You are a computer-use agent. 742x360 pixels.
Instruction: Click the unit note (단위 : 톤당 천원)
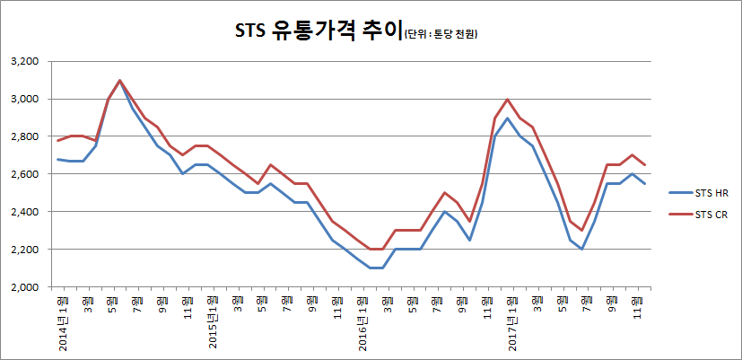[441, 35]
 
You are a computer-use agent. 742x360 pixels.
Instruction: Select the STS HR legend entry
[703, 191]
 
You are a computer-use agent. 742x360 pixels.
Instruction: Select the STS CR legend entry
[703, 214]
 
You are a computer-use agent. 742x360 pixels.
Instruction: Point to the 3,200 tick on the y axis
[27, 61]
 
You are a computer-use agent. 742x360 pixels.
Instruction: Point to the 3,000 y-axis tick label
[27, 99]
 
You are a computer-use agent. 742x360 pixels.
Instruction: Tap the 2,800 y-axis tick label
[27, 136]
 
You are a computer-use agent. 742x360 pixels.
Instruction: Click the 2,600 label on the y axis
[27, 174]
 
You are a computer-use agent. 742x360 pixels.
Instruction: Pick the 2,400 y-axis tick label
[27, 212]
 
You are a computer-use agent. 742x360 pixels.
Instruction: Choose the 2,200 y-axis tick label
[27, 250]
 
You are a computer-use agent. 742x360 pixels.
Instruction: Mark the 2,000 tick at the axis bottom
[27, 287]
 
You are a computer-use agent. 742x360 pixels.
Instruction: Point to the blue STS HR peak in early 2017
[507, 118]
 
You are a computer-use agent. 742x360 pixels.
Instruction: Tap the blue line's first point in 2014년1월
[57, 159]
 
